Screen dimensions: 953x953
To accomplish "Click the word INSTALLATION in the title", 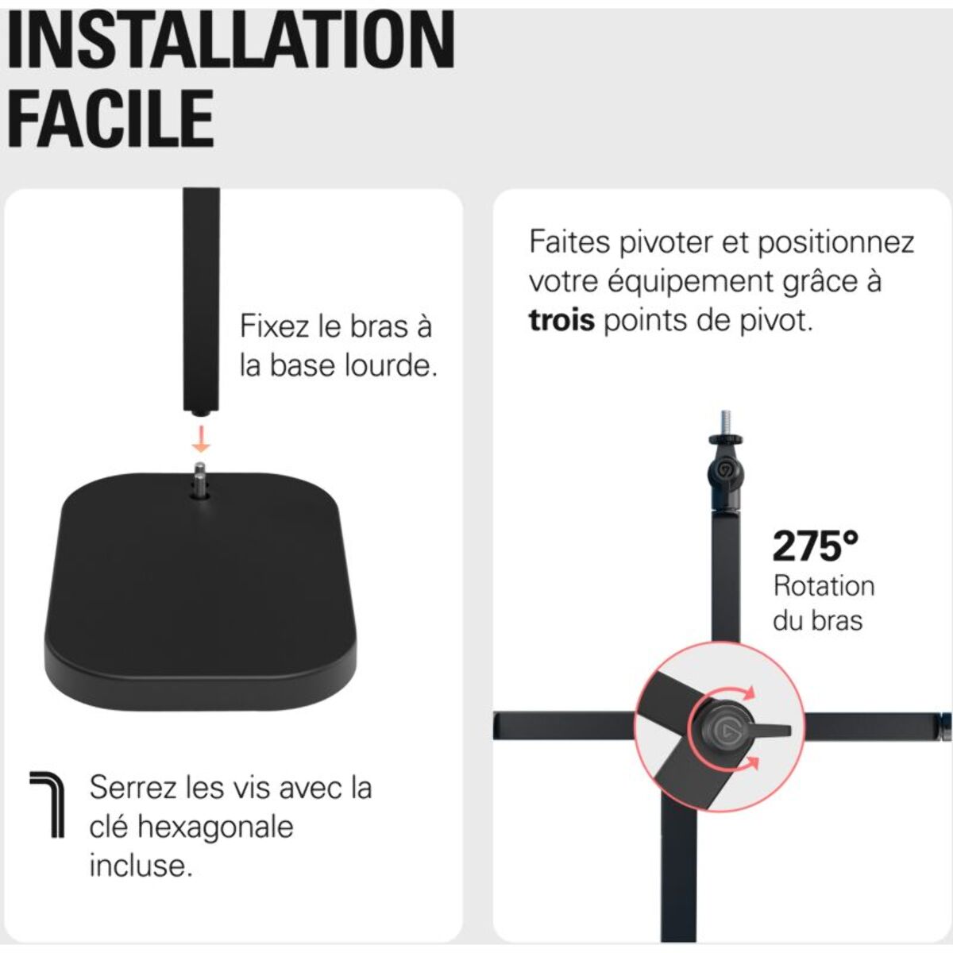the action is point(230,40).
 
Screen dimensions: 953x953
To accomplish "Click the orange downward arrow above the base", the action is point(201,438).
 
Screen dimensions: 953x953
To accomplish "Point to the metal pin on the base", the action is point(200,480).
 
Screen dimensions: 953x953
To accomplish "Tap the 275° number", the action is point(816,546).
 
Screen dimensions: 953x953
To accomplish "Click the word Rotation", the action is point(824,586).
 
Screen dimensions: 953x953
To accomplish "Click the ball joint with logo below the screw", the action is point(726,470).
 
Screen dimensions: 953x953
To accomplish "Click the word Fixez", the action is point(269,326).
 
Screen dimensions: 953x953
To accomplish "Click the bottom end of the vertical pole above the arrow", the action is point(201,411).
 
